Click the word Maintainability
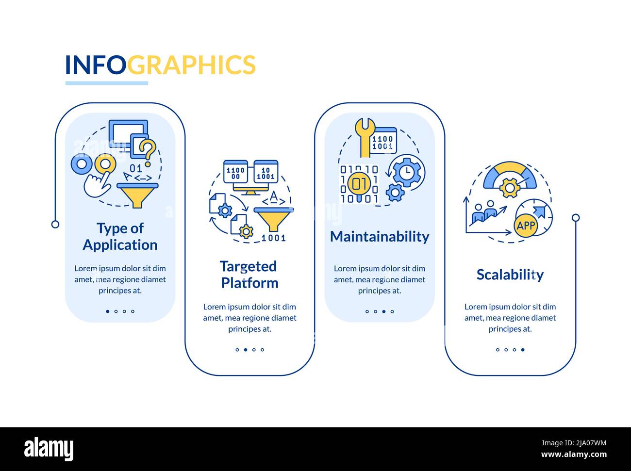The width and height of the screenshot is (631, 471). (380, 237)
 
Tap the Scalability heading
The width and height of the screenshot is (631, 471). (510, 275)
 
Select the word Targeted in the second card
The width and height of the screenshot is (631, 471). (248, 267)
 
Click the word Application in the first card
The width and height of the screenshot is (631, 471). (120, 245)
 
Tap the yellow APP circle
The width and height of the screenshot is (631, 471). (526, 226)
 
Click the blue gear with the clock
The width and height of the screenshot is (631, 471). (407, 172)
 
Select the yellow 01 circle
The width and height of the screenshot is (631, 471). (359, 184)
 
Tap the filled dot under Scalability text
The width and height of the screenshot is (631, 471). (523, 350)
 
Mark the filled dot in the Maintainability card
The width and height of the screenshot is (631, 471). (384, 311)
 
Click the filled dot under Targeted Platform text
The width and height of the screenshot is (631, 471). (246, 350)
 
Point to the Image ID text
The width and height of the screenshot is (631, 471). (574, 443)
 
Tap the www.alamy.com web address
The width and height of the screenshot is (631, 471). (574, 455)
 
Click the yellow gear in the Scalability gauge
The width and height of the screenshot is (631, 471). (510, 188)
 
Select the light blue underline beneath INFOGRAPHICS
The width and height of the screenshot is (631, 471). (107, 83)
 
